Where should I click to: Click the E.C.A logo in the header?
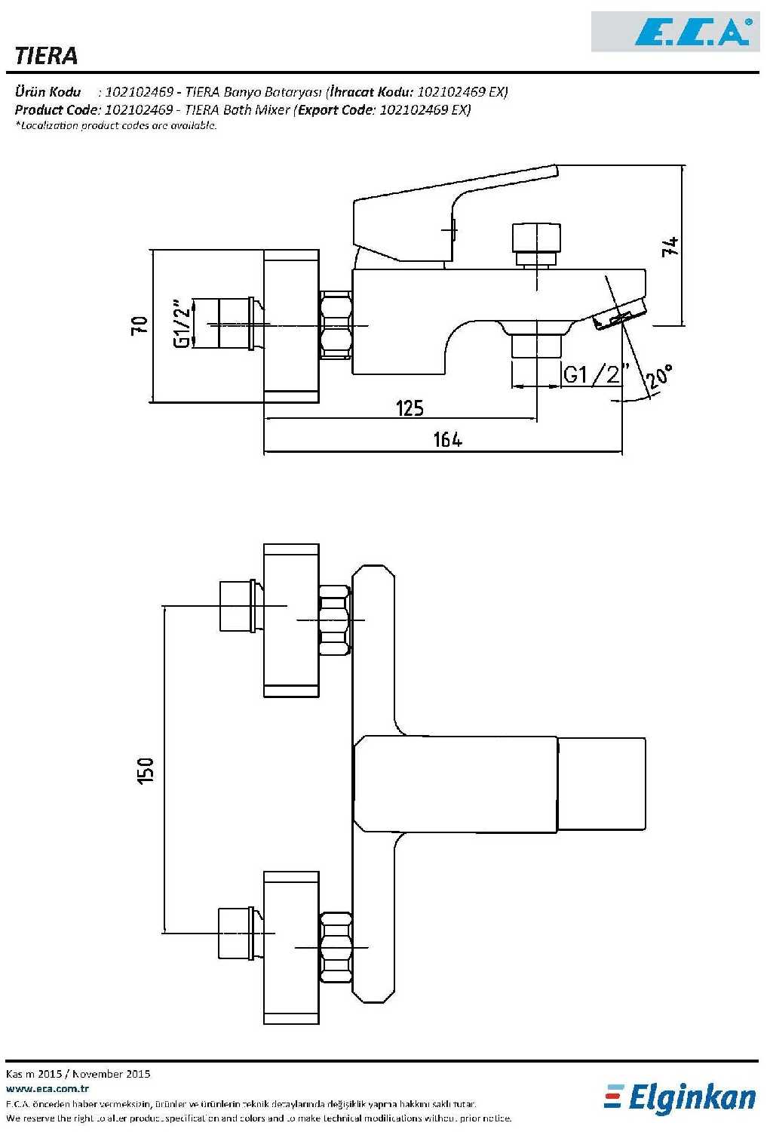(692, 32)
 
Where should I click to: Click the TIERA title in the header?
(46, 55)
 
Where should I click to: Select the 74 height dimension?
(670, 246)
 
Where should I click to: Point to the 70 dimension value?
(140, 325)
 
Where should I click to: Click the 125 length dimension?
(410, 408)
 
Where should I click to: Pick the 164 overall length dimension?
(447, 439)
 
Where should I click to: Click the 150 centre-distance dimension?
(145, 770)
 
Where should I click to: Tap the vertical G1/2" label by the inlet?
(182, 325)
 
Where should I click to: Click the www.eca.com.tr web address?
(48, 1088)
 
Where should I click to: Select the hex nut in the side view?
(335, 325)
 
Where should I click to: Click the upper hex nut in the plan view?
(335, 620)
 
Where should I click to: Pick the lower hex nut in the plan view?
(335, 946)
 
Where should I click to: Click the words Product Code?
(57, 109)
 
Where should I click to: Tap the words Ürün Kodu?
(48, 92)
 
